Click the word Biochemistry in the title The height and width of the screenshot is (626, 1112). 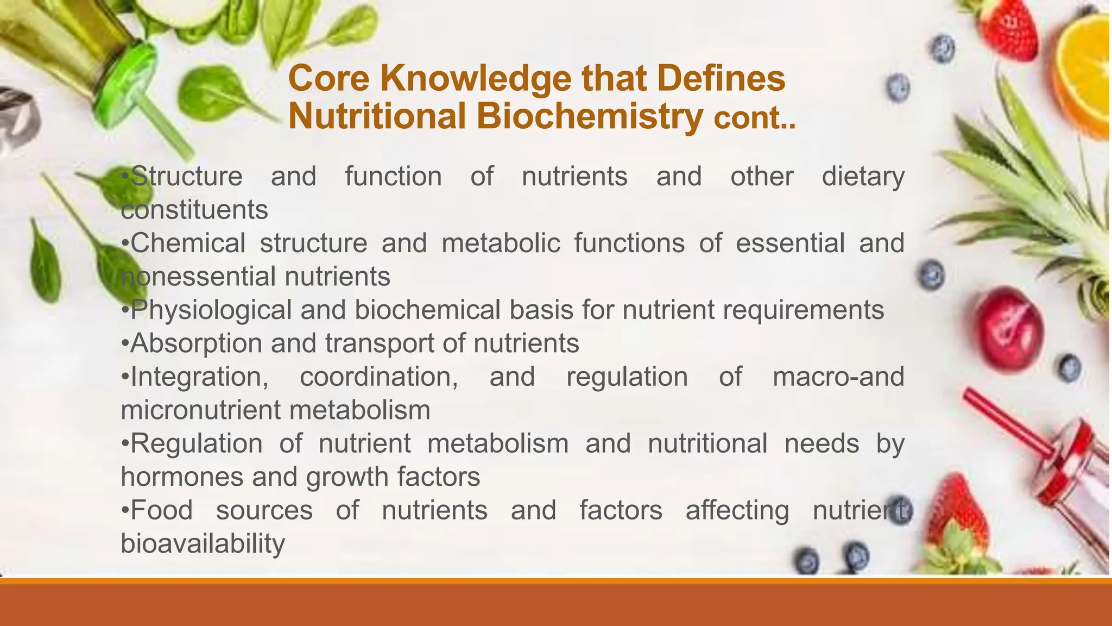(x=590, y=116)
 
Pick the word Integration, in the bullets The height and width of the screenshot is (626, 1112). (x=199, y=377)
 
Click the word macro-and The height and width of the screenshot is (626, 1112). (x=838, y=377)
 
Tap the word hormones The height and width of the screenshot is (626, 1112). (x=182, y=477)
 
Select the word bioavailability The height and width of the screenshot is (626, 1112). (x=203, y=543)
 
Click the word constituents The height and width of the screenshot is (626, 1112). (x=194, y=210)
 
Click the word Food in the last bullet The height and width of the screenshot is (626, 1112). (x=161, y=510)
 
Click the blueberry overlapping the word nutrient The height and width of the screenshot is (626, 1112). (x=899, y=510)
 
